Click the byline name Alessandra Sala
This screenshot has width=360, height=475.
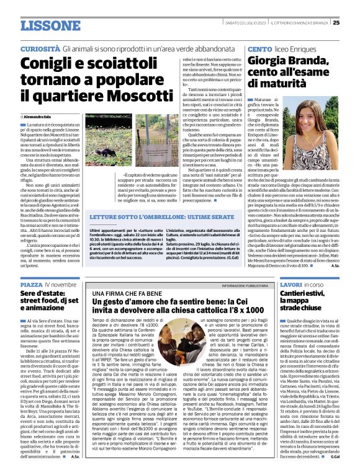click(37, 117)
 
